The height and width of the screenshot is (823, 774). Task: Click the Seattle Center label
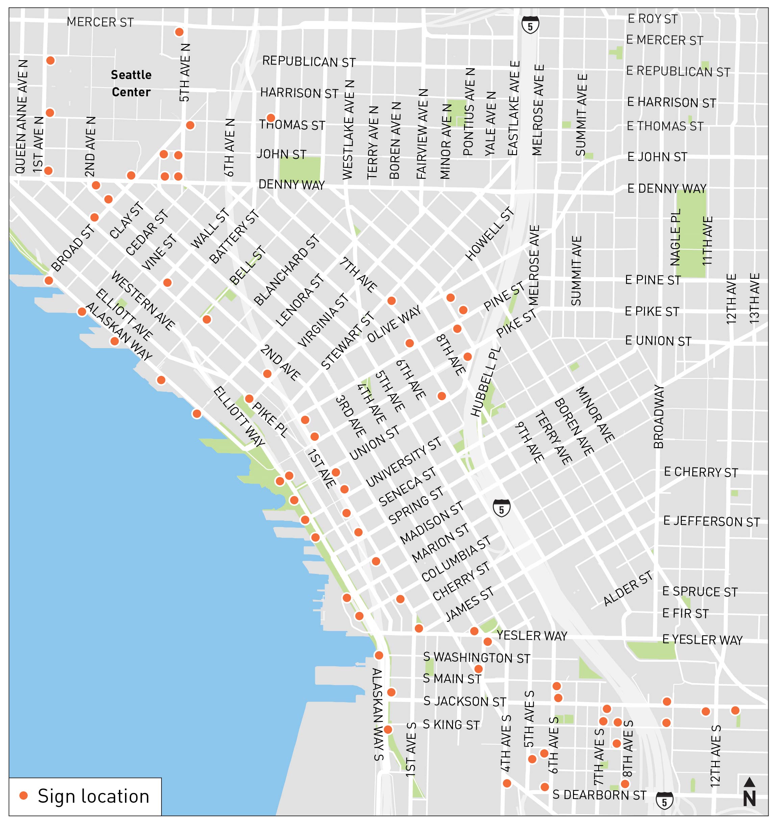click(131, 83)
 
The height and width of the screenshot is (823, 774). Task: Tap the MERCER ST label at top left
click(100, 22)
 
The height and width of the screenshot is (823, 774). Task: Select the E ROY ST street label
click(652, 19)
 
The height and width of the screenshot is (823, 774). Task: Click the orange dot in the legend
click(24, 795)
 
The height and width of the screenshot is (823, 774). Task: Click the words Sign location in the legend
click(93, 796)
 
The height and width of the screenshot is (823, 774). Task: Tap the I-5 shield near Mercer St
click(530, 24)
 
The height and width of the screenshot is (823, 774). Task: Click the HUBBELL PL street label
click(485, 381)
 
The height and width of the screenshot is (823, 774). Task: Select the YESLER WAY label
click(531, 636)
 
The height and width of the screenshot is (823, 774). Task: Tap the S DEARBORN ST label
click(599, 795)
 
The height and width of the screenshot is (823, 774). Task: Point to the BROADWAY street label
click(658, 416)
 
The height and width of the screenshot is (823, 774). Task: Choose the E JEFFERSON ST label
click(711, 521)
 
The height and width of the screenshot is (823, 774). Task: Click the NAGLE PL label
click(675, 237)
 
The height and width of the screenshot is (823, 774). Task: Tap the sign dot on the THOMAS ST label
click(270, 118)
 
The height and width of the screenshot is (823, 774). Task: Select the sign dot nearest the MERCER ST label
click(179, 32)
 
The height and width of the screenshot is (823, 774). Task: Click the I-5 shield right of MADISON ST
click(501, 508)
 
